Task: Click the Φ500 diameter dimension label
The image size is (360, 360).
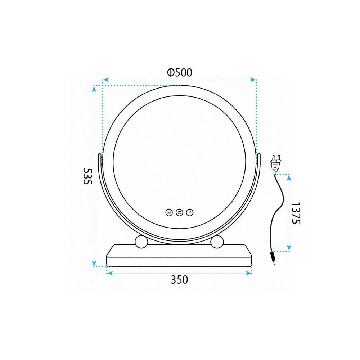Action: click(x=179, y=72)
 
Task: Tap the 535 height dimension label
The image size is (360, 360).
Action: click(x=87, y=176)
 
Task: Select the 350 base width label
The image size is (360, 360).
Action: click(x=179, y=279)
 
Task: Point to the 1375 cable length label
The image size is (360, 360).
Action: click(x=295, y=213)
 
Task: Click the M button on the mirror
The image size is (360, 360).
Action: click(x=169, y=212)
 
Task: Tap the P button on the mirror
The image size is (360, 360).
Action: click(x=190, y=212)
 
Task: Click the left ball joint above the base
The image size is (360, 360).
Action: click(x=141, y=242)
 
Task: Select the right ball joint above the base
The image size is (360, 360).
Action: click(x=217, y=242)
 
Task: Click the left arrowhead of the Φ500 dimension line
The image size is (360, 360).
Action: click(x=105, y=80)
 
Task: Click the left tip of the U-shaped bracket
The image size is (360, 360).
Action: click(x=100, y=156)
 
